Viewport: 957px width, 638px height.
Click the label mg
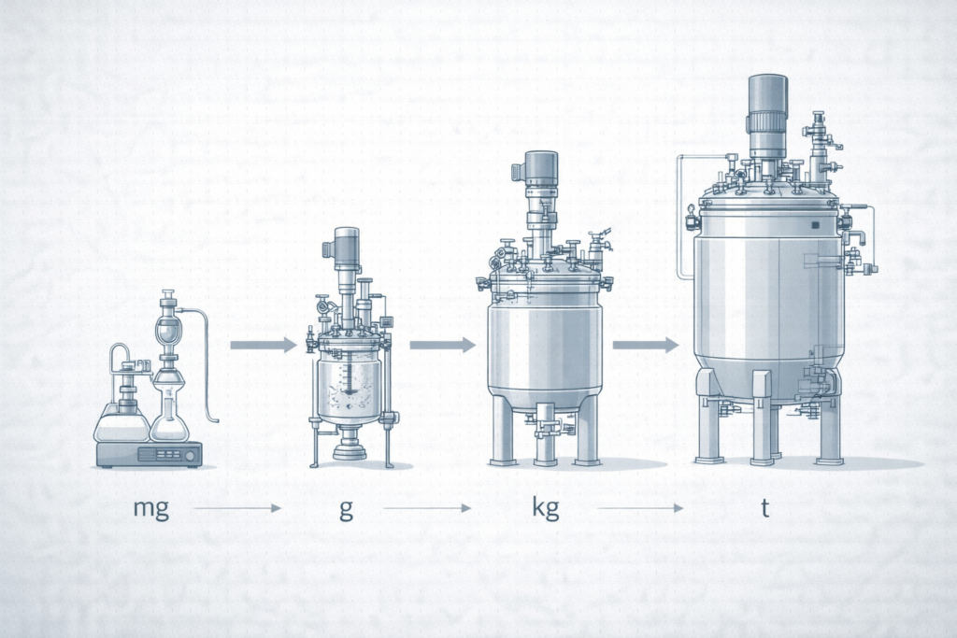pos(150,508)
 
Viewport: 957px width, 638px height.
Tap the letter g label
pos(346,509)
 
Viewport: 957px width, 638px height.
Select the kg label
pos(546,507)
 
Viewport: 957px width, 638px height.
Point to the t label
pos(764,507)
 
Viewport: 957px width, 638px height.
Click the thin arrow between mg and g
pos(237,507)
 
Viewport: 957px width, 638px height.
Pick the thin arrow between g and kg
pos(427,507)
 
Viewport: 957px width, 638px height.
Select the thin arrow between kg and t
pos(640,507)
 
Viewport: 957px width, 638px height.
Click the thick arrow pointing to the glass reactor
pos(263,345)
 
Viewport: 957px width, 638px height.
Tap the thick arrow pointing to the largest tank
pos(646,345)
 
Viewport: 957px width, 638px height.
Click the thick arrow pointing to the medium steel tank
pos(442,345)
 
